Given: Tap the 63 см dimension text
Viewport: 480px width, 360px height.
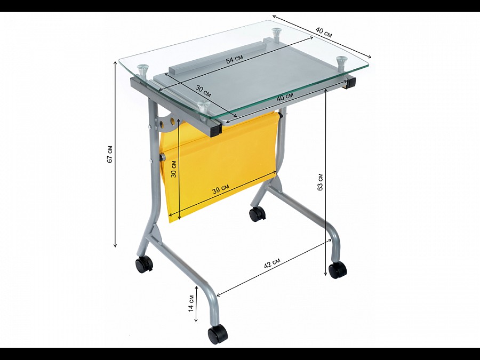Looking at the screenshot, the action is tap(320, 182).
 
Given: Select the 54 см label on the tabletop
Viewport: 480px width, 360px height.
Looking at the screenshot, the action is tap(235, 59).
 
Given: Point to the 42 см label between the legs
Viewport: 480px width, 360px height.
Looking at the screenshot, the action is tap(272, 263).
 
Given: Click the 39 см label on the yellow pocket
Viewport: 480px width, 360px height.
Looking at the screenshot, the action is tap(221, 189).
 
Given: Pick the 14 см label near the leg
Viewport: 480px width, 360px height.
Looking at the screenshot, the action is tap(191, 303).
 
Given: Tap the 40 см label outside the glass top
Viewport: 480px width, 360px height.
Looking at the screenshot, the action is tap(324, 32).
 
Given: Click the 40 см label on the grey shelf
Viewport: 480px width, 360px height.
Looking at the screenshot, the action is tap(285, 97).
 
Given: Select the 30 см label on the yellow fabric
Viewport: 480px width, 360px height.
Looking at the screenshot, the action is tap(173, 169).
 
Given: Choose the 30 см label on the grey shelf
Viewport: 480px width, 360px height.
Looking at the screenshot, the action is tap(203, 91).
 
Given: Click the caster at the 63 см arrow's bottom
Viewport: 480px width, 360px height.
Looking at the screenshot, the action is tap(338, 270).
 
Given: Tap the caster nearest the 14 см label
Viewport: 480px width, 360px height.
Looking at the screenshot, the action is tap(218, 334).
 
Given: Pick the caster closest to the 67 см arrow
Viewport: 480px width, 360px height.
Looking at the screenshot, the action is tap(144, 264).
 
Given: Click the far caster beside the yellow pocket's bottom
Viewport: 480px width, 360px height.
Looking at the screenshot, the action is tap(257, 214).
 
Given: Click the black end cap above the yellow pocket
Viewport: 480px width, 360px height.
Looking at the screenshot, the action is tap(215, 130).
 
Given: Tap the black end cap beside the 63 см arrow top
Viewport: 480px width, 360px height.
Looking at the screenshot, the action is tap(351, 82).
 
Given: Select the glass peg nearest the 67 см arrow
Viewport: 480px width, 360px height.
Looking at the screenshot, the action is tap(142, 71).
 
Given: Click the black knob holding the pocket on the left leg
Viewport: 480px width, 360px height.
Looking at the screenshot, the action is tap(162, 158).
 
